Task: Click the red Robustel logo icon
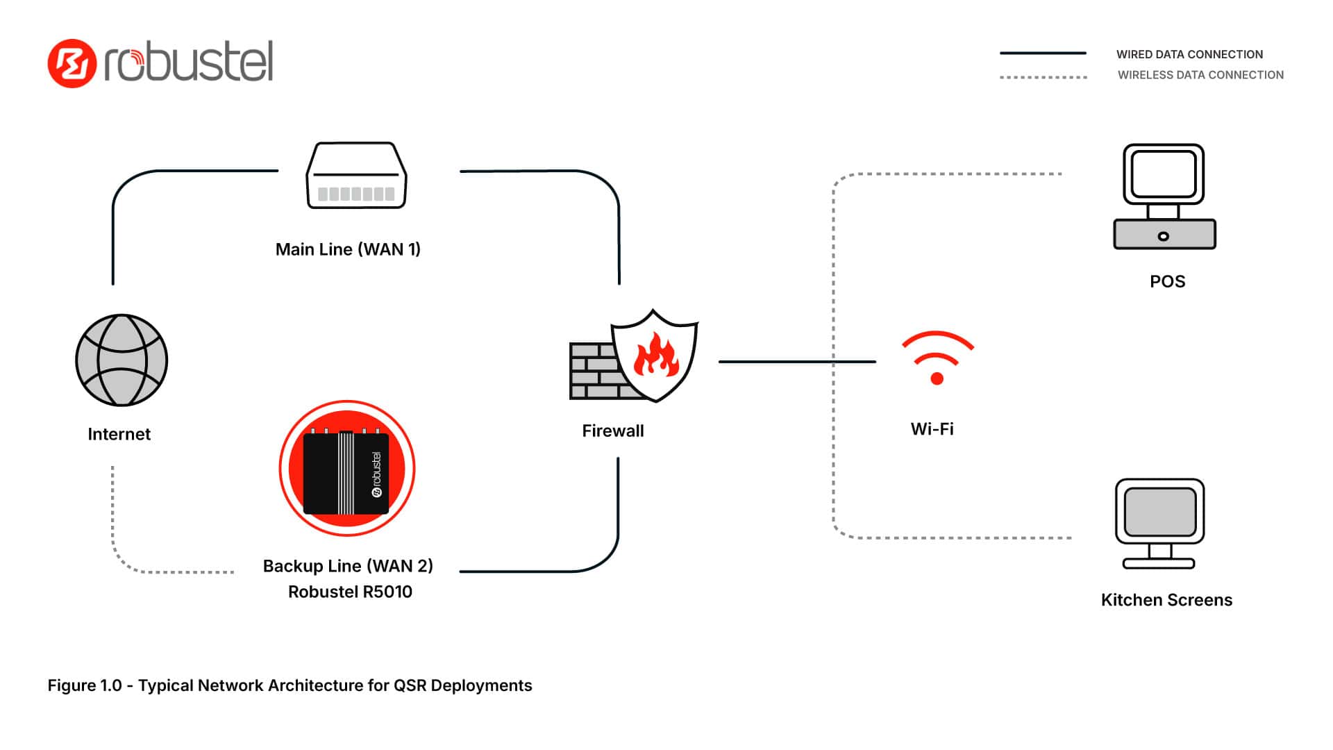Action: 72,63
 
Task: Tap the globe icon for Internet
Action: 121,360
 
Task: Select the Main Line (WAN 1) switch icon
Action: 357,176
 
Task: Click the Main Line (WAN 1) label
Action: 348,249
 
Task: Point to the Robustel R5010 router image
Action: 346,469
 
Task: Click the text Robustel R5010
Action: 350,592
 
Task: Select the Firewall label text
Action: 613,431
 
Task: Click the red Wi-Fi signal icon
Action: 937,357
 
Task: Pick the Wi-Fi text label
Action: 932,429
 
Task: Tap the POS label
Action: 1167,281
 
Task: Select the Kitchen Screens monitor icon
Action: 1159,523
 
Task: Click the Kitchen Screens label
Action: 1166,600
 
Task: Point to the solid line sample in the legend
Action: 1042,53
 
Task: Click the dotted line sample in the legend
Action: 1043,77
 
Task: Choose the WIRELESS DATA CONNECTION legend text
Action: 1200,75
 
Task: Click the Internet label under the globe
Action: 119,434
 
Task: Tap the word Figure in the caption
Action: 72,685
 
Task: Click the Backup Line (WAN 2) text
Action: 348,566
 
